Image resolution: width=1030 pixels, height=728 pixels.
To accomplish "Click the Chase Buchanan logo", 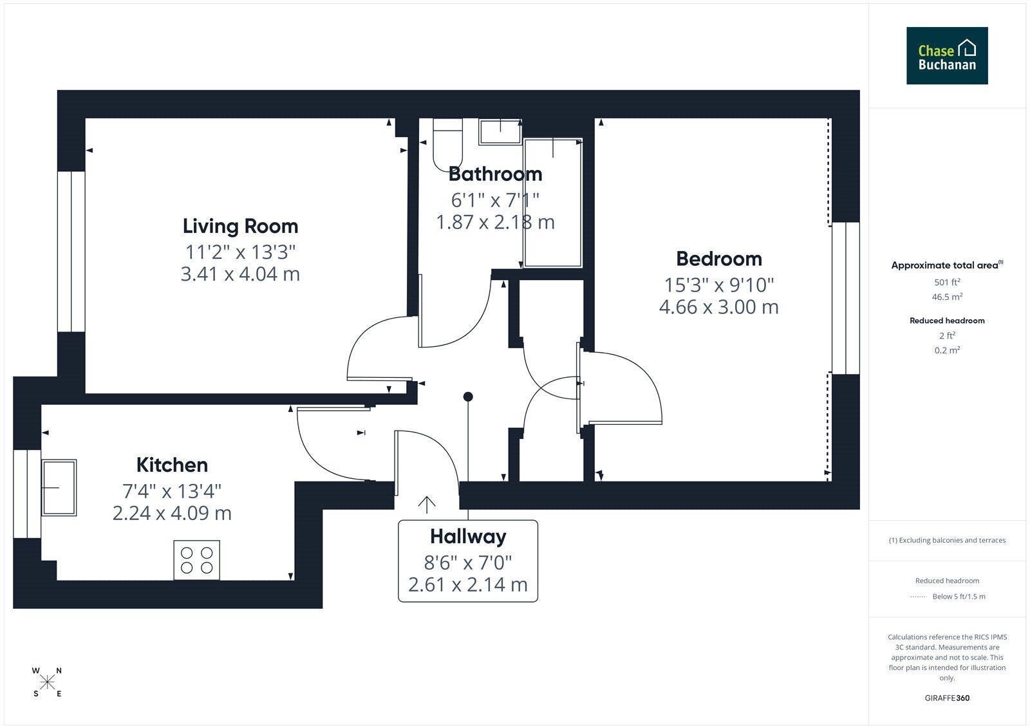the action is coord(947,55).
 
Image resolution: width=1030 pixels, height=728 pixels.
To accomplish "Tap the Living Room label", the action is coord(240,227).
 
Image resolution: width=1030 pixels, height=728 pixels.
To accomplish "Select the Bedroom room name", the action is coord(718,259).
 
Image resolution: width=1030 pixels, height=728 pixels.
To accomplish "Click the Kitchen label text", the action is coord(172,465).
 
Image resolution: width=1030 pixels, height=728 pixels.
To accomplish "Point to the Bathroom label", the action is coord(495,174).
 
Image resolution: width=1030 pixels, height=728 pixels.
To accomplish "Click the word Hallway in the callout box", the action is coord(468,537).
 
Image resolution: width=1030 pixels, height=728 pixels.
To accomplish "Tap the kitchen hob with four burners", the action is coord(197,560).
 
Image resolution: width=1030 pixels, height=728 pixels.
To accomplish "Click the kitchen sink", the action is coord(59,487).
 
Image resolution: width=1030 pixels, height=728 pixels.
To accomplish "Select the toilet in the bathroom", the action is coord(447,144).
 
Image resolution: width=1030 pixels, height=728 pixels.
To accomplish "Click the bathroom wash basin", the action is coord(500,131).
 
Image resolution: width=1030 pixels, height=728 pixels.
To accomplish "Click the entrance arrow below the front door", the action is coord(427,505).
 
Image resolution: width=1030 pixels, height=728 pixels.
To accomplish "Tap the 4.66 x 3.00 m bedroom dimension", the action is coord(718,307).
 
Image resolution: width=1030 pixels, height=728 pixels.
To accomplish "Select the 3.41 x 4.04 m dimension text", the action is coord(240,274).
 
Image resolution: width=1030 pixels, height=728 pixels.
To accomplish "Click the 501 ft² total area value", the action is coord(947,282).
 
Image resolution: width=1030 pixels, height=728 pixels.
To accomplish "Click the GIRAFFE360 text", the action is coord(947,698).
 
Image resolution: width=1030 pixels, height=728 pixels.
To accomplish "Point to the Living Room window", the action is coord(71,252).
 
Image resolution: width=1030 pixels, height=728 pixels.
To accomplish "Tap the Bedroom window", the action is coord(846,299).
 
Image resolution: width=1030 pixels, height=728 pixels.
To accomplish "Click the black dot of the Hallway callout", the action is coord(468,397).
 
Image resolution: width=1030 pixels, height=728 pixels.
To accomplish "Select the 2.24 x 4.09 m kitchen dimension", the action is coord(172,513).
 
